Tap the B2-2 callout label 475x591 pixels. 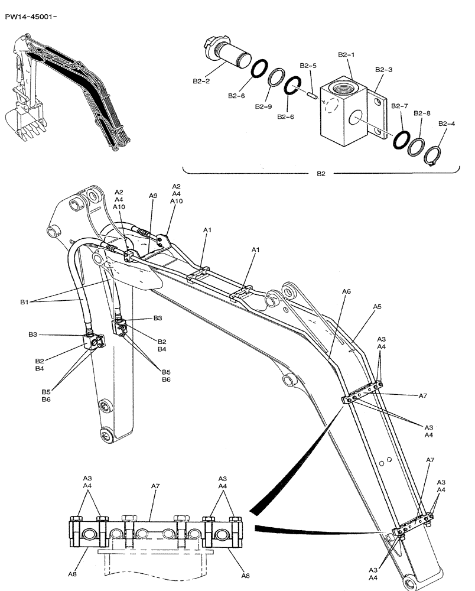201,81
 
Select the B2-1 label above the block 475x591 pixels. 346,54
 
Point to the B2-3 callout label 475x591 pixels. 383,69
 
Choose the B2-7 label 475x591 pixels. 400,106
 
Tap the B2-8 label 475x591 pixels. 422,112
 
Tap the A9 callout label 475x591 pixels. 153,196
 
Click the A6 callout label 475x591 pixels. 346,291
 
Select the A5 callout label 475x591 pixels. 377,307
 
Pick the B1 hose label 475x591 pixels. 24,302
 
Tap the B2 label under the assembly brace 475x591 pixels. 321,174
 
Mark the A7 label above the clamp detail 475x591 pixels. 155,486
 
